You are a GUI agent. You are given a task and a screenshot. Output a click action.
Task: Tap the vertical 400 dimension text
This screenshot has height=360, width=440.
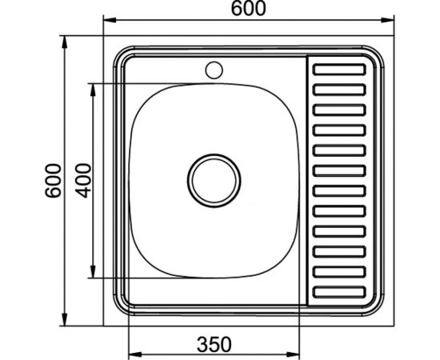[x=83, y=182]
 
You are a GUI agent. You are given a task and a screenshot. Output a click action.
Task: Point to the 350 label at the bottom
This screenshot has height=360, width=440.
[x=214, y=345]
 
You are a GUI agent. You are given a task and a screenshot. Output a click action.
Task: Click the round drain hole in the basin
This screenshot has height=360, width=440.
[x=214, y=177]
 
